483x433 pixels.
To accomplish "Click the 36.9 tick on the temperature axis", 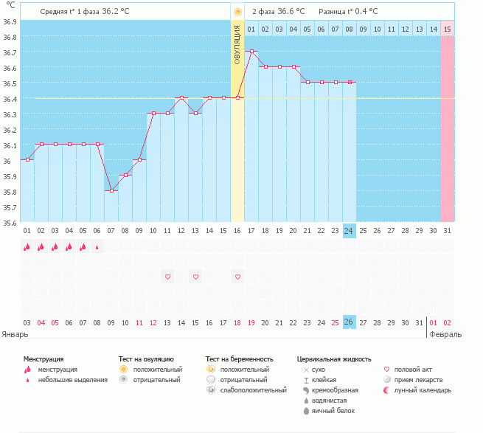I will (x=10, y=21).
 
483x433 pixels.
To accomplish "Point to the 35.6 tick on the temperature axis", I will (x=10, y=222).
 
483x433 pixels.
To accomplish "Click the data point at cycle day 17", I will (x=251, y=52).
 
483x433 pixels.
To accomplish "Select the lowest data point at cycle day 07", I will (x=111, y=190).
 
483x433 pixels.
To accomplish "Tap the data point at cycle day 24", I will (x=350, y=82).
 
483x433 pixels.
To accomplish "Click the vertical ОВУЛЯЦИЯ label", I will (x=237, y=44).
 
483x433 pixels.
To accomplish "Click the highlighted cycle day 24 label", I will (x=350, y=231).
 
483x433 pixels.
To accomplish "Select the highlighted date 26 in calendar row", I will (x=350, y=322).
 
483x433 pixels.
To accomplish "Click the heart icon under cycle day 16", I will (x=237, y=277).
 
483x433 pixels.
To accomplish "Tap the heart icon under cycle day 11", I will (x=167, y=277).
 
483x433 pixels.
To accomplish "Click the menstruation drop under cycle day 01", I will (x=27, y=248).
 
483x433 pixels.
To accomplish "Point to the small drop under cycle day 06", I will (x=97, y=248).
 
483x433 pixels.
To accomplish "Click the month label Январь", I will (x=15, y=334).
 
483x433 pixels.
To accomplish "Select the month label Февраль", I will (x=446, y=334).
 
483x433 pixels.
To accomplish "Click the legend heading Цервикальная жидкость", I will (x=334, y=358).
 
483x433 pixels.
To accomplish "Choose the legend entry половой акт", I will (x=412, y=369).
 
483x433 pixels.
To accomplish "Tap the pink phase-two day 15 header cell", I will (x=448, y=29).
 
